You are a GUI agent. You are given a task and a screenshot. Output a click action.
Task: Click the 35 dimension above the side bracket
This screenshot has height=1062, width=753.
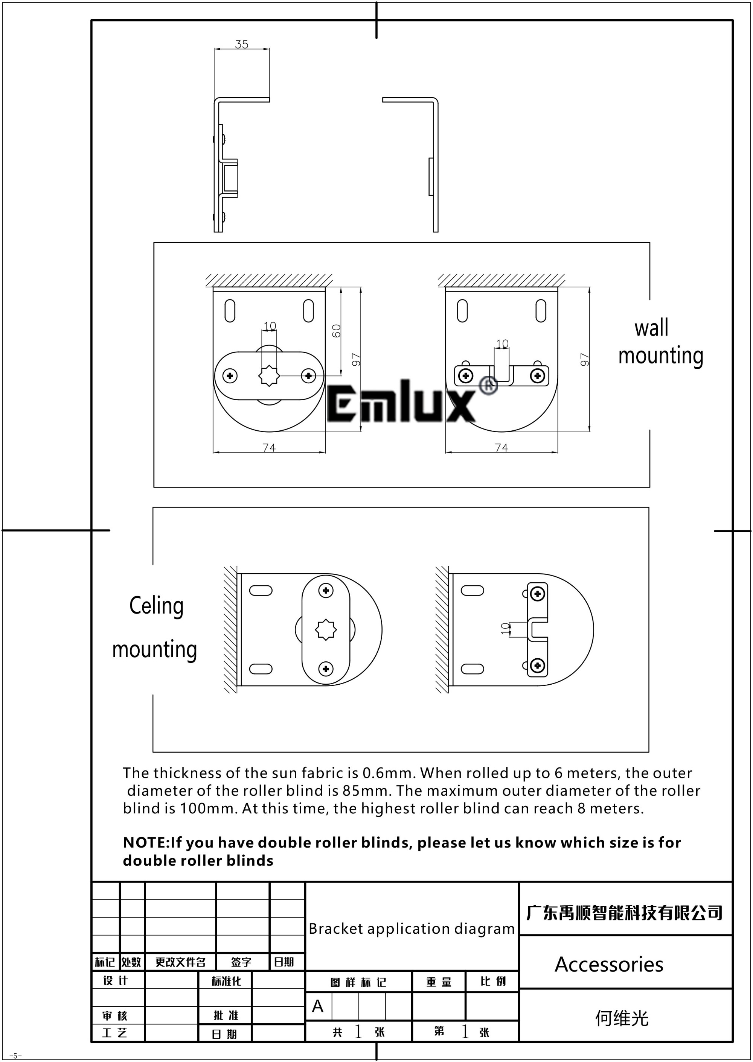pyautogui.click(x=242, y=44)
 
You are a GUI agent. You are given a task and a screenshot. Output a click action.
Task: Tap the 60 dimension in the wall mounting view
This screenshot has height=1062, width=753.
pyautogui.click(x=337, y=331)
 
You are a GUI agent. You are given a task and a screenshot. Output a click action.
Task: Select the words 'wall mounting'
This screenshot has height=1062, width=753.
pyautogui.click(x=661, y=342)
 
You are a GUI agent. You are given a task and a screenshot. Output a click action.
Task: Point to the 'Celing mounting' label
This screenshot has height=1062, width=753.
pyautogui.click(x=155, y=627)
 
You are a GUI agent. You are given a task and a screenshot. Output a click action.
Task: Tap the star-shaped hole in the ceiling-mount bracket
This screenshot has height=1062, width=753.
pyautogui.click(x=326, y=630)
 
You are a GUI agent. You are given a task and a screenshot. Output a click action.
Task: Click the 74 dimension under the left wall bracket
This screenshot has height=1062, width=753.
pyautogui.click(x=269, y=448)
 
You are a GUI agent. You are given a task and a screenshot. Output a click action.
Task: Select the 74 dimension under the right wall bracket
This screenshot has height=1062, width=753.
pyautogui.click(x=501, y=448)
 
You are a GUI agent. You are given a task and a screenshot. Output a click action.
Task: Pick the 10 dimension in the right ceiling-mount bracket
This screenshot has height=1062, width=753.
pyautogui.click(x=505, y=629)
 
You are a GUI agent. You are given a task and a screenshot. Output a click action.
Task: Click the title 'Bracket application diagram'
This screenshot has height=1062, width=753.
pyautogui.click(x=412, y=929)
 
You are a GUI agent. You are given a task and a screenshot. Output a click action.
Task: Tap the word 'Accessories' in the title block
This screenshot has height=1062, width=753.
pyautogui.click(x=609, y=965)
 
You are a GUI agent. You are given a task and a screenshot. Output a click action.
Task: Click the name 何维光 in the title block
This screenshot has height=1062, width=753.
pyautogui.click(x=622, y=1018)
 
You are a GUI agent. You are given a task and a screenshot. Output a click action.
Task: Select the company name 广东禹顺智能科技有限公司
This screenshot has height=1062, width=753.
pyautogui.click(x=625, y=913)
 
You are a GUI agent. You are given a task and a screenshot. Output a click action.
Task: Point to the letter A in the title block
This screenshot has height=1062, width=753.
pyautogui.click(x=318, y=1006)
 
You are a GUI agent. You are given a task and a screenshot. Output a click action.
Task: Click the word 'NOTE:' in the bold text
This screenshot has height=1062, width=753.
pyautogui.click(x=146, y=843)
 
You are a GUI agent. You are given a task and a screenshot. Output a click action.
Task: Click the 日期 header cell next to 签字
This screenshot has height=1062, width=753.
pyautogui.click(x=284, y=962)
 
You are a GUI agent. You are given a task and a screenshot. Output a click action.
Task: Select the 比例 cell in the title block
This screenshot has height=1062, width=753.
pyautogui.click(x=493, y=981)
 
